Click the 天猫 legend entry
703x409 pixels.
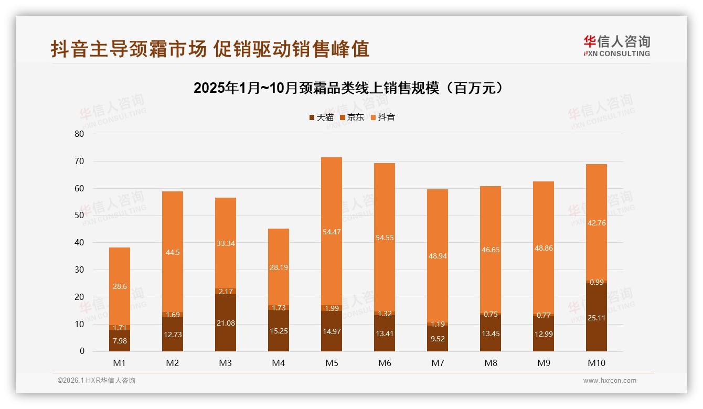tap(321, 117)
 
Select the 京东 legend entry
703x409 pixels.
tap(352, 117)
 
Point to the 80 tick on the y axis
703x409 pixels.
tap(79, 134)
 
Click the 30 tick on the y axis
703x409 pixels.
tap(79, 270)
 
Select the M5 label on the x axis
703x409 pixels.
tap(332, 363)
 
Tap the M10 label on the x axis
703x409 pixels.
tap(596, 363)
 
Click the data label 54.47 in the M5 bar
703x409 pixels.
tap(332, 232)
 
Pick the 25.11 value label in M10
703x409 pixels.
tap(596, 317)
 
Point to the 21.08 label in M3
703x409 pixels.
tap(226, 323)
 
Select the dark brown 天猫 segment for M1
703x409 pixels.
tap(120, 341)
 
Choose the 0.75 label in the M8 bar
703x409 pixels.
tap(491, 315)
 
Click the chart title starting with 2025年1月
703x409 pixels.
tap(348, 88)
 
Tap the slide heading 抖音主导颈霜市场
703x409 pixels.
tap(210, 49)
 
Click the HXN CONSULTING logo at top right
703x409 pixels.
tap(616, 46)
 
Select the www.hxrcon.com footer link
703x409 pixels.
tap(610, 381)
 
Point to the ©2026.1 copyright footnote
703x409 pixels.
tap(97, 381)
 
